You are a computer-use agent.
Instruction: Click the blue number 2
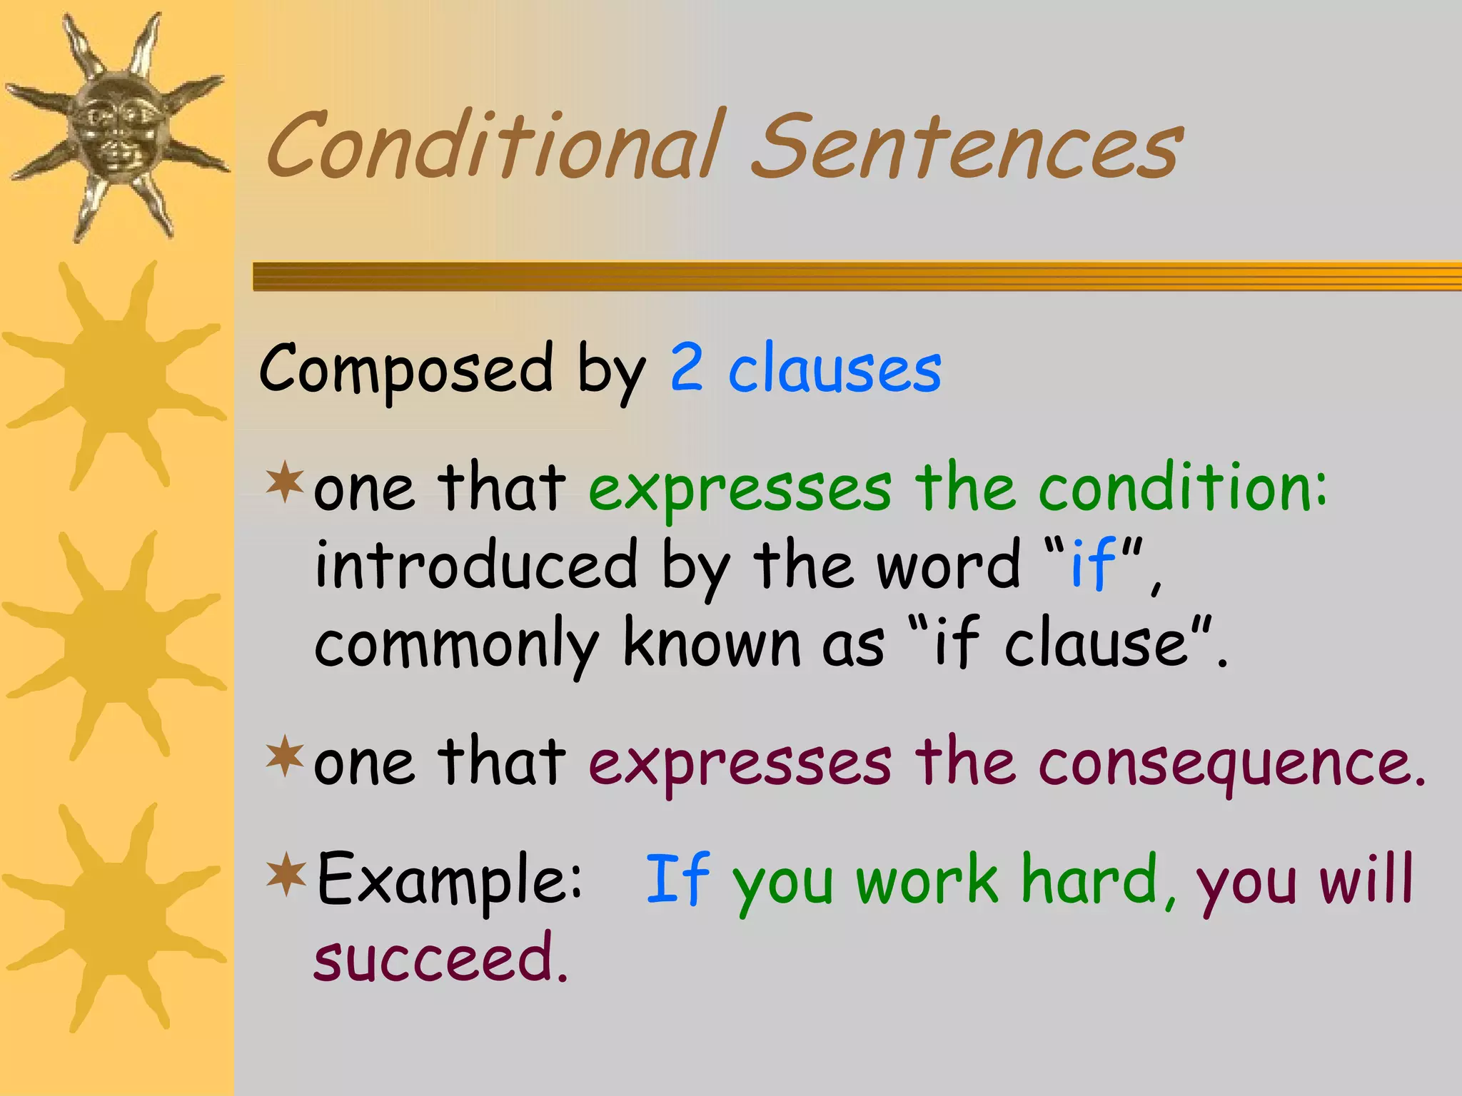pos(687,367)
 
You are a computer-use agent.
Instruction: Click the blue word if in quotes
pos(1092,564)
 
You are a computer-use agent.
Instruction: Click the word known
pos(711,642)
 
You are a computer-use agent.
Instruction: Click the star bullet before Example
pos(286,873)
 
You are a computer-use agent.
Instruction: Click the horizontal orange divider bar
pos(857,276)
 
